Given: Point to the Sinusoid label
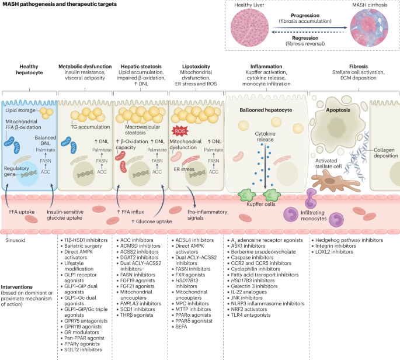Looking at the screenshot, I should coord(14,238).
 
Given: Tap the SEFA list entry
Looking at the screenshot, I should coord(182,327).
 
